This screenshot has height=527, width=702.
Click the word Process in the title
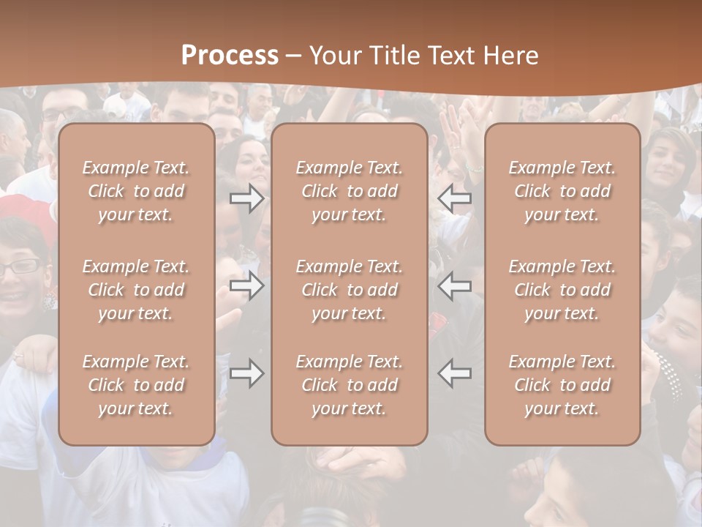[230, 56]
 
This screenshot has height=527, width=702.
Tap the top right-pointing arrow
[247, 198]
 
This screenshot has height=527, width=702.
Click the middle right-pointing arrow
[247, 286]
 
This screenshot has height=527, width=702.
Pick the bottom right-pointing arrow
[247, 373]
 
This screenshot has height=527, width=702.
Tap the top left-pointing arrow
[455, 198]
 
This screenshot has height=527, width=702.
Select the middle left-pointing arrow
[455, 286]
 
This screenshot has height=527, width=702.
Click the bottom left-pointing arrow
[455, 373]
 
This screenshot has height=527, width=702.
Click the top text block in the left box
[136, 191]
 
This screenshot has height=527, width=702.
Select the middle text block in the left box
[136, 290]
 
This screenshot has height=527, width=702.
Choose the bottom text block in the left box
[136, 385]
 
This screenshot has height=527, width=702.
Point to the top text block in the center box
[350, 191]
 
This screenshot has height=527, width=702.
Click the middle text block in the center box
[350, 290]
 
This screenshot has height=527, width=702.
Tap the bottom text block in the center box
[350, 385]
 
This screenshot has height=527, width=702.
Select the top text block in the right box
[562, 191]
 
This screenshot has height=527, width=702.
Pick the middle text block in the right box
[562, 290]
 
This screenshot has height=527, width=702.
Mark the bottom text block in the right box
[562, 385]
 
